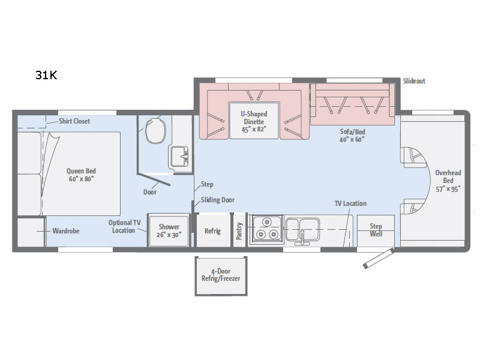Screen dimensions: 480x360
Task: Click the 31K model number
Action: click(x=46, y=75)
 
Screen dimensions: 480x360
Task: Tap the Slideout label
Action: click(x=414, y=81)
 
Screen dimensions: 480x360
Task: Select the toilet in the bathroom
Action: click(x=155, y=131)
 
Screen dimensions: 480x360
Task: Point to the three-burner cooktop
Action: click(x=266, y=230)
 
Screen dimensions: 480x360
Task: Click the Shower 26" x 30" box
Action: click(x=169, y=230)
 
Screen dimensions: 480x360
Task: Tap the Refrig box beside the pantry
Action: click(x=213, y=230)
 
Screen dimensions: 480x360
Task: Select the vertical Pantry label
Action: click(x=239, y=231)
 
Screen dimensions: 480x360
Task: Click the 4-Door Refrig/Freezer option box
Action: click(x=221, y=276)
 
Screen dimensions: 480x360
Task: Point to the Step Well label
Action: click(x=376, y=230)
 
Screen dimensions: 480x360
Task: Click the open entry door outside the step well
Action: click(x=379, y=259)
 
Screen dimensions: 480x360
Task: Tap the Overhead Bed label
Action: click(x=448, y=176)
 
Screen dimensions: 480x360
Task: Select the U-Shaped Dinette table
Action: click(x=254, y=121)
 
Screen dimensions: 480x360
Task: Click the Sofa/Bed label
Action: click(x=352, y=131)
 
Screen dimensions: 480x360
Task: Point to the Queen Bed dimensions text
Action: click(x=81, y=179)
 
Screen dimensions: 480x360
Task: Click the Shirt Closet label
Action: click(x=74, y=121)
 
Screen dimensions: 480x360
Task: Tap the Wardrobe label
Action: click(x=66, y=231)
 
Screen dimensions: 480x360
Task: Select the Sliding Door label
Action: click(x=218, y=200)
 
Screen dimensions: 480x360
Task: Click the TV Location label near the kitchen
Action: click(x=350, y=203)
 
